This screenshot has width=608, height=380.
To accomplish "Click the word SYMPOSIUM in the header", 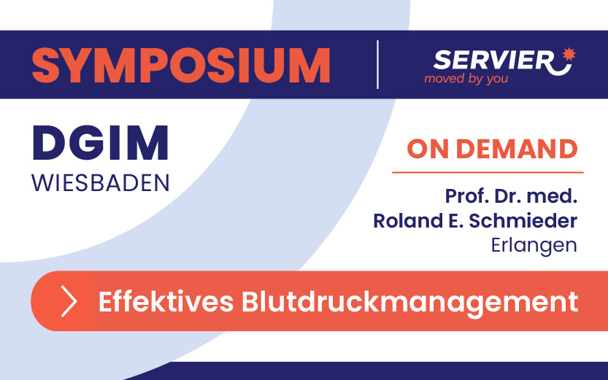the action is click(181, 66).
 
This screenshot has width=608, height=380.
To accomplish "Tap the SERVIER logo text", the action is click(493, 61).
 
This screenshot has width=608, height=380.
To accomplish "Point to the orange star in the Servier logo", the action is click(569, 54).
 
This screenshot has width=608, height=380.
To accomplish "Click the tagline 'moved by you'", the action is click(466, 79).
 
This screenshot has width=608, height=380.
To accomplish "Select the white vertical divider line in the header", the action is click(377, 64).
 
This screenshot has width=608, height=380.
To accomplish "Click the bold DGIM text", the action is click(101, 142).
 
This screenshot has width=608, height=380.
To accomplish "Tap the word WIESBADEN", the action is click(101, 183).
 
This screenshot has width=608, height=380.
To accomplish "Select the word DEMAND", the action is click(517, 149).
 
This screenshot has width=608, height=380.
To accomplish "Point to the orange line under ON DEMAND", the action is click(488, 172).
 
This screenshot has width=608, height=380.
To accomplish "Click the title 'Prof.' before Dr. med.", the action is click(467, 196).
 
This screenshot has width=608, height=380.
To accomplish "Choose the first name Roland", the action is click(408, 221).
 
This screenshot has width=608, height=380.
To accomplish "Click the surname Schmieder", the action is click(523, 221).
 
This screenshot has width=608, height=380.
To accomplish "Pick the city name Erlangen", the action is click(534, 246).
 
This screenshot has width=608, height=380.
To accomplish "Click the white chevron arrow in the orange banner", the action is click(69, 301).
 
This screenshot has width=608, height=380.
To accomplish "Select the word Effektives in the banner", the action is click(166, 301).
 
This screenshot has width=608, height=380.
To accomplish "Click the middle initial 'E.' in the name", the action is click(455, 221).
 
